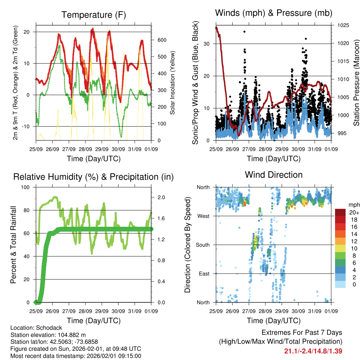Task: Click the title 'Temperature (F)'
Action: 93,15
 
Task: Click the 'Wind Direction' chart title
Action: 274,174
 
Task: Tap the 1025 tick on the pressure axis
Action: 342,25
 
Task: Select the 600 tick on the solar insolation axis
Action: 162,40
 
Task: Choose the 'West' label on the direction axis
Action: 203,216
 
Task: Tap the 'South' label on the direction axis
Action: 202,245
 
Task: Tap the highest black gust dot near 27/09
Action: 244,32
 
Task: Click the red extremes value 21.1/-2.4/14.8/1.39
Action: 313,351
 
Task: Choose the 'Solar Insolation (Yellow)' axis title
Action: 173,83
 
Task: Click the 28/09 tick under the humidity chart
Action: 85,311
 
